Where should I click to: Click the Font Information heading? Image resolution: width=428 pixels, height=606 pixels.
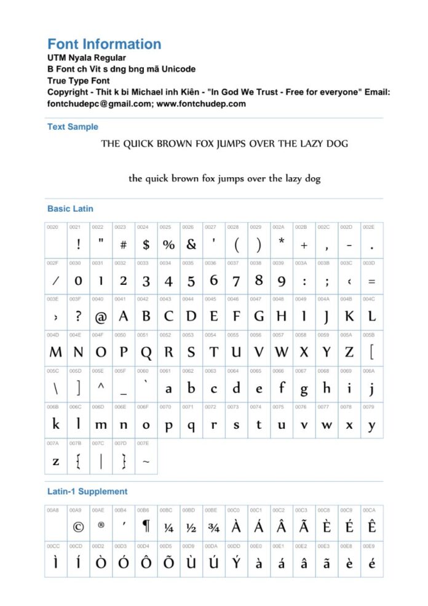104,44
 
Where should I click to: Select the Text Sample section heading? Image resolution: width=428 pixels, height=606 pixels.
73,127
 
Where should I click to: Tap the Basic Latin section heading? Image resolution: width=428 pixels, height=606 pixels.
70,209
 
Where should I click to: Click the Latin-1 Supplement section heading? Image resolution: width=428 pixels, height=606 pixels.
87,492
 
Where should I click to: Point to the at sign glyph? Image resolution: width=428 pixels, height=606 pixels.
101,317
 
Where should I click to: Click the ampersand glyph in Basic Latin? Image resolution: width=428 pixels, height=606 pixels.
191,245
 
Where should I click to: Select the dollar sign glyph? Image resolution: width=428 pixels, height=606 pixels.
146,245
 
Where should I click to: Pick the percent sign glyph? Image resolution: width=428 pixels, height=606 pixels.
168,245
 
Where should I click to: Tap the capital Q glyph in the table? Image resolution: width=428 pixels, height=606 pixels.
146,353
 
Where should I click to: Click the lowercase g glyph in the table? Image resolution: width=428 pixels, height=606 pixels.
304,389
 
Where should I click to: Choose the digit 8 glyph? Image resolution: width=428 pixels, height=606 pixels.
259,281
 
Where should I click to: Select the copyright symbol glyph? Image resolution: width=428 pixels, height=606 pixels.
78,527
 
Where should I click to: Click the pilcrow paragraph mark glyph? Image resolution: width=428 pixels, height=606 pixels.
146,527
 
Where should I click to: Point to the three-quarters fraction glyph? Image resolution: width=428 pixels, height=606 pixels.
213,527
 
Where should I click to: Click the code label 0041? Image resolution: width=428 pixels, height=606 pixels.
119,299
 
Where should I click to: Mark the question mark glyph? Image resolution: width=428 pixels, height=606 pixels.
78,317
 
